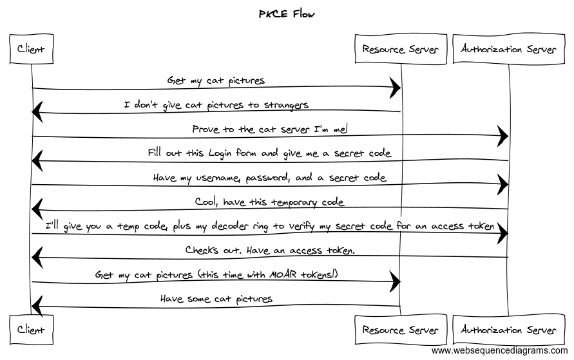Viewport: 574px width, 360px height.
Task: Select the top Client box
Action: pos(31,50)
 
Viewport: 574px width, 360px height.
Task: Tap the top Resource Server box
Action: pos(400,50)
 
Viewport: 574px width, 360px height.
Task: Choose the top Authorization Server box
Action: pos(508,50)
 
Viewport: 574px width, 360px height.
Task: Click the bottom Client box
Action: pos(31,330)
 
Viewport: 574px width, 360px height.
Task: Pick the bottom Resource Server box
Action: pos(400,330)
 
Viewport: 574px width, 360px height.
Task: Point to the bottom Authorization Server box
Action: pos(508,330)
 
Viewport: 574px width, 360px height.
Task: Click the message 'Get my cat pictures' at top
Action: pos(216,81)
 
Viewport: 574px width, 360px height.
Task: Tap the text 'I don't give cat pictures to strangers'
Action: pos(216,104)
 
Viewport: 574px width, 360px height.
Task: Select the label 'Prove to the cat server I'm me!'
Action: pos(269,129)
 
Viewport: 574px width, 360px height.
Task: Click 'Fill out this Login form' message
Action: pos(269,153)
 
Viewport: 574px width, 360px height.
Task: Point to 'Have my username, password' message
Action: pos(269,178)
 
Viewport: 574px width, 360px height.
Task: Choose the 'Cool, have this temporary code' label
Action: pos(269,202)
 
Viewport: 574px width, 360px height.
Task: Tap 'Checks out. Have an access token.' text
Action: pos(269,250)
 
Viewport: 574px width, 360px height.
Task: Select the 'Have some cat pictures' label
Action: pos(216,299)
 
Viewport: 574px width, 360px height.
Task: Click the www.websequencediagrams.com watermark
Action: pos(500,351)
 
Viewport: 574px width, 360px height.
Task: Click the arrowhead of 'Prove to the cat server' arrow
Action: pos(502,136)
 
